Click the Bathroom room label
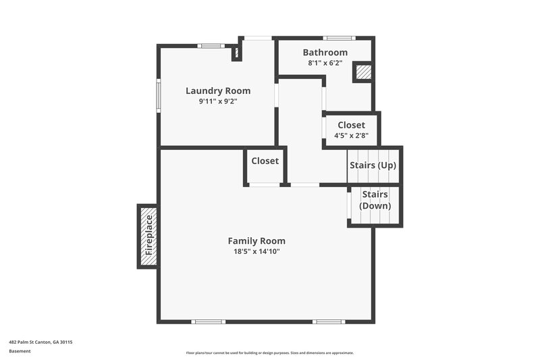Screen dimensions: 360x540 tap(325, 53)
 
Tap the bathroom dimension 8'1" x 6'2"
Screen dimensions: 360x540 tap(325, 63)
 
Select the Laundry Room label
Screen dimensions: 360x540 tap(217, 91)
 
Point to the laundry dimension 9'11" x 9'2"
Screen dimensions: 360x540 tap(217, 101)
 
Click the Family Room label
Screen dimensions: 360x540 tap(256, 240)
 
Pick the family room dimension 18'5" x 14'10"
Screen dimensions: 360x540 tap(256, 251)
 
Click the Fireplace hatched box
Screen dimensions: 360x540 tap(148, 236)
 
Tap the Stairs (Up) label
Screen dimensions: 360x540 tap(373, 165)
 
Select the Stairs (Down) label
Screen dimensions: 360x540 tap(375, 200)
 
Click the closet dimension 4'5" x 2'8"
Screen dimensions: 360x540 tap(351, 135)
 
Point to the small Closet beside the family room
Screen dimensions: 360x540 tap(265, 161)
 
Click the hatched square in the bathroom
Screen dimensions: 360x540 tap(363, 72)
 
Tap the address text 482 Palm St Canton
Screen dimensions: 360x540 tap(40, 342)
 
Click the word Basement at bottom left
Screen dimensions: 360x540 tap(20, 351)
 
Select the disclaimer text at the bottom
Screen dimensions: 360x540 tap(269, 353)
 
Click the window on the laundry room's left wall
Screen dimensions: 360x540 tap(159, 94)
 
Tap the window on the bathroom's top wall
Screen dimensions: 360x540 tap(337, 38)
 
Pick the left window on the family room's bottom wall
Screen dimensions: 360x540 tap(209, 322)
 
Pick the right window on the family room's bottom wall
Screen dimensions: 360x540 tap(329, 322)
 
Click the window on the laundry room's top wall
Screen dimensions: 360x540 tap(211, 46)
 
